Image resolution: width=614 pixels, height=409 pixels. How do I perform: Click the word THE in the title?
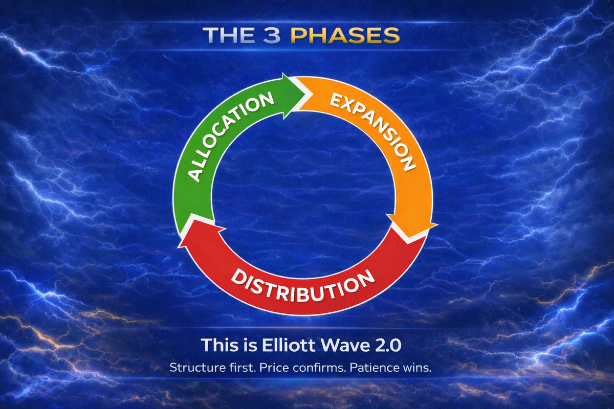pyautogui.click(x=228, y=35)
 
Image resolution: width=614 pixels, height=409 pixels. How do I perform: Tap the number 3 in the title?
pyautogui.click(x=272, y=35)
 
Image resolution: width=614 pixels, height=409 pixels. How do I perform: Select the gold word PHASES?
pyautogui.click(x=345, y=35)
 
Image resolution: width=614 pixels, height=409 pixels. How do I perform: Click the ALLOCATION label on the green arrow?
pyautogui.click(x=230, y=136)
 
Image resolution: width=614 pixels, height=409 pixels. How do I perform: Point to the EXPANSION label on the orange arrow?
pyautogui.click(x=374, y=132)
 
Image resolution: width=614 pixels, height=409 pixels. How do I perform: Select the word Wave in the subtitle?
pyautogui.click(x=345, y=345)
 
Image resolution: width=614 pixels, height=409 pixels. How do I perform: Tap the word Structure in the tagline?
pyautogui.click(x=196, y=368)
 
